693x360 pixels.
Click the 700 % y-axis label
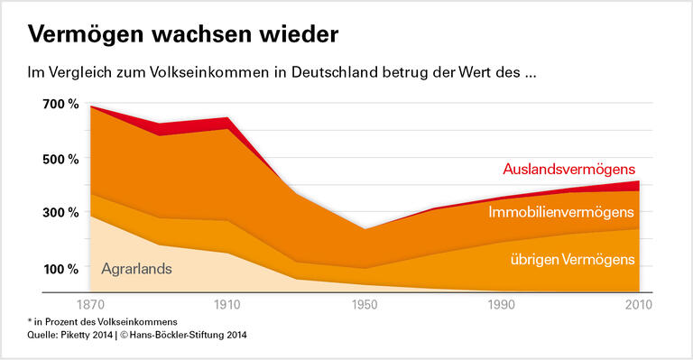tap(60, 105)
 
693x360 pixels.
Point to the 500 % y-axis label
tap(60, 160)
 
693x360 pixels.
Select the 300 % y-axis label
tap(60, 214)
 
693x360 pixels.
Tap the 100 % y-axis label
tap(60, 269)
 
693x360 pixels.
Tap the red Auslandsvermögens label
tap(568, 170)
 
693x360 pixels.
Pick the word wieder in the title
tap(294, 35)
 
